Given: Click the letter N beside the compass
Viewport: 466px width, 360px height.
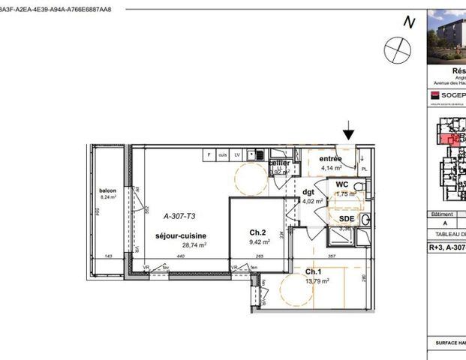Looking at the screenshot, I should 409,22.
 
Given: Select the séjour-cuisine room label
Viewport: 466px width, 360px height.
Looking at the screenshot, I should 181,235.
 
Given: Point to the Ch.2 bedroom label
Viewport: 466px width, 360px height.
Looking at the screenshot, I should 258,232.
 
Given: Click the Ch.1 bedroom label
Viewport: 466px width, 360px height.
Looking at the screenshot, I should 314,271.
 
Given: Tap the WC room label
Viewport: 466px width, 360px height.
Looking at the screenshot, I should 341,184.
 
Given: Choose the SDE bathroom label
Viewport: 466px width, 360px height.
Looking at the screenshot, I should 345,218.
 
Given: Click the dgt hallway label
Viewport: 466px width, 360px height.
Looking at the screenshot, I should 308,191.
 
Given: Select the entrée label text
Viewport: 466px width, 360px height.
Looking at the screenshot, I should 331,159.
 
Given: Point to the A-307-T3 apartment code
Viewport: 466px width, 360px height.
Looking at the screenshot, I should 179,214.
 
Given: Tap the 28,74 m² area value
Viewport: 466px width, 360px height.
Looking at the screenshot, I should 181,245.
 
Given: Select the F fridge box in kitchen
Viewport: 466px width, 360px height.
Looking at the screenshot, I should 209,154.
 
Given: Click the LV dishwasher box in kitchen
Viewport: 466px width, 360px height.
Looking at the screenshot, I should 237,154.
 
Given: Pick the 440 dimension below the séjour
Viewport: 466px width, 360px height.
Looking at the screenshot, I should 180,256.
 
